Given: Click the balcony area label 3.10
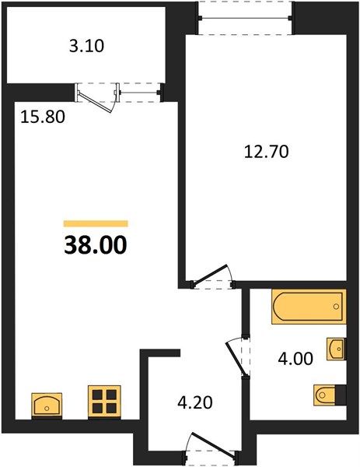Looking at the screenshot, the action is (86, 47).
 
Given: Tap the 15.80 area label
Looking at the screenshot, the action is (43, 117).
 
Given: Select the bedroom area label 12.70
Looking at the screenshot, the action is (266, 152).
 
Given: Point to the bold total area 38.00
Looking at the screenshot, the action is (96, 245).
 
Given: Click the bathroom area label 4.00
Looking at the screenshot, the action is (295, 358).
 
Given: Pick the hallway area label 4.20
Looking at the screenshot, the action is (195, 402).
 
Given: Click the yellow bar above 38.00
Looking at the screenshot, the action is (96, 223).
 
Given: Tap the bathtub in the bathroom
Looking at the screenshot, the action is (309, 307).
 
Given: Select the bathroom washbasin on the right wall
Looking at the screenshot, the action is (337, 349).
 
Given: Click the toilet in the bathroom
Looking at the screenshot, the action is (324, 395).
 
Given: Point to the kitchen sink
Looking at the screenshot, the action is (47, 405).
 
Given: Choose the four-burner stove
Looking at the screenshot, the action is (104, 401).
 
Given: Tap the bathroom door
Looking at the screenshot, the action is (236, 358).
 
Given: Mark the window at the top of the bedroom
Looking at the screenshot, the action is (246, 18).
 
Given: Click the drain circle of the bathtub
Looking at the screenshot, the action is (336, 307).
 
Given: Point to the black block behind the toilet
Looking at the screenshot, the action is (341, 395).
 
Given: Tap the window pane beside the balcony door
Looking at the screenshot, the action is (138, 93).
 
